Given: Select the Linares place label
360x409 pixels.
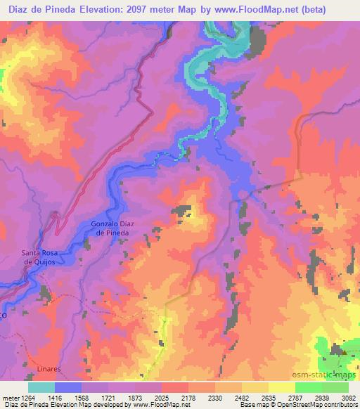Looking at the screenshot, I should tap(49, 368).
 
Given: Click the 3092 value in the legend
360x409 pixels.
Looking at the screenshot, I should tap(349, 397).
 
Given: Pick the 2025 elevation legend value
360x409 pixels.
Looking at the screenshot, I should tap(162, 397).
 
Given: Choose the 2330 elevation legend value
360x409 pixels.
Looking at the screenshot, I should tap(216, 397).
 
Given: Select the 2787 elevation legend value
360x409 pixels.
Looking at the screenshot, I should tap(295, 397).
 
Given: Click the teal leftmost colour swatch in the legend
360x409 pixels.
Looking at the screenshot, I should tap(41, 387).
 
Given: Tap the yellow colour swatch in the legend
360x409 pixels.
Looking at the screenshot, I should tap(281, 387).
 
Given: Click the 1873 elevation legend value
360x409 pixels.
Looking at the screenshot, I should tap(136, 397).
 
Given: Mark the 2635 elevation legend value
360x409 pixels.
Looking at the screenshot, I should tap(269, 397).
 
